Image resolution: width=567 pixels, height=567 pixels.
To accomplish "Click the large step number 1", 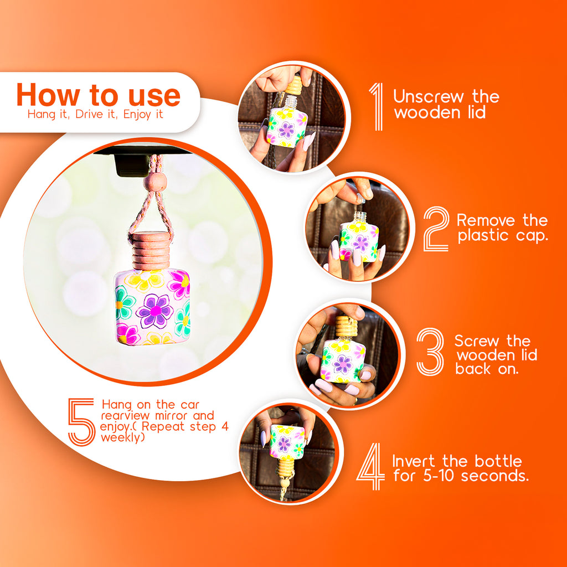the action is click(x=378, y=106).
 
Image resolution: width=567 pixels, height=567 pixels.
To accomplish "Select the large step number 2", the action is click(x=436, y=229).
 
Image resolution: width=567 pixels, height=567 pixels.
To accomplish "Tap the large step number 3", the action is click(x=430, y=352).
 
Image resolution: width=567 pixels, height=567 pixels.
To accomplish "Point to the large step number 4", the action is click(x=371, y=466).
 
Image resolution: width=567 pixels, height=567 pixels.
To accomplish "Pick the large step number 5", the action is click(x=82, y=422).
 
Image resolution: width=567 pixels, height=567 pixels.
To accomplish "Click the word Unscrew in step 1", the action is click(x=429, y=97).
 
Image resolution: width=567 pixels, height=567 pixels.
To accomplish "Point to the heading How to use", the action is click(x=99, y=95).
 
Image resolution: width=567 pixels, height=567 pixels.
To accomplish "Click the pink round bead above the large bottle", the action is click(x=155, y=182).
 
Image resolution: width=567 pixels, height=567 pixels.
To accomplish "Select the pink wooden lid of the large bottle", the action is click(x=151, y=251).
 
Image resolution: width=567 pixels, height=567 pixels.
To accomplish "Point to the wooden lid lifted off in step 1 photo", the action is click(x=293, y=85).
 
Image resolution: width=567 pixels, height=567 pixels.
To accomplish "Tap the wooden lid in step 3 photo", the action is click(x=346, y=327).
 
